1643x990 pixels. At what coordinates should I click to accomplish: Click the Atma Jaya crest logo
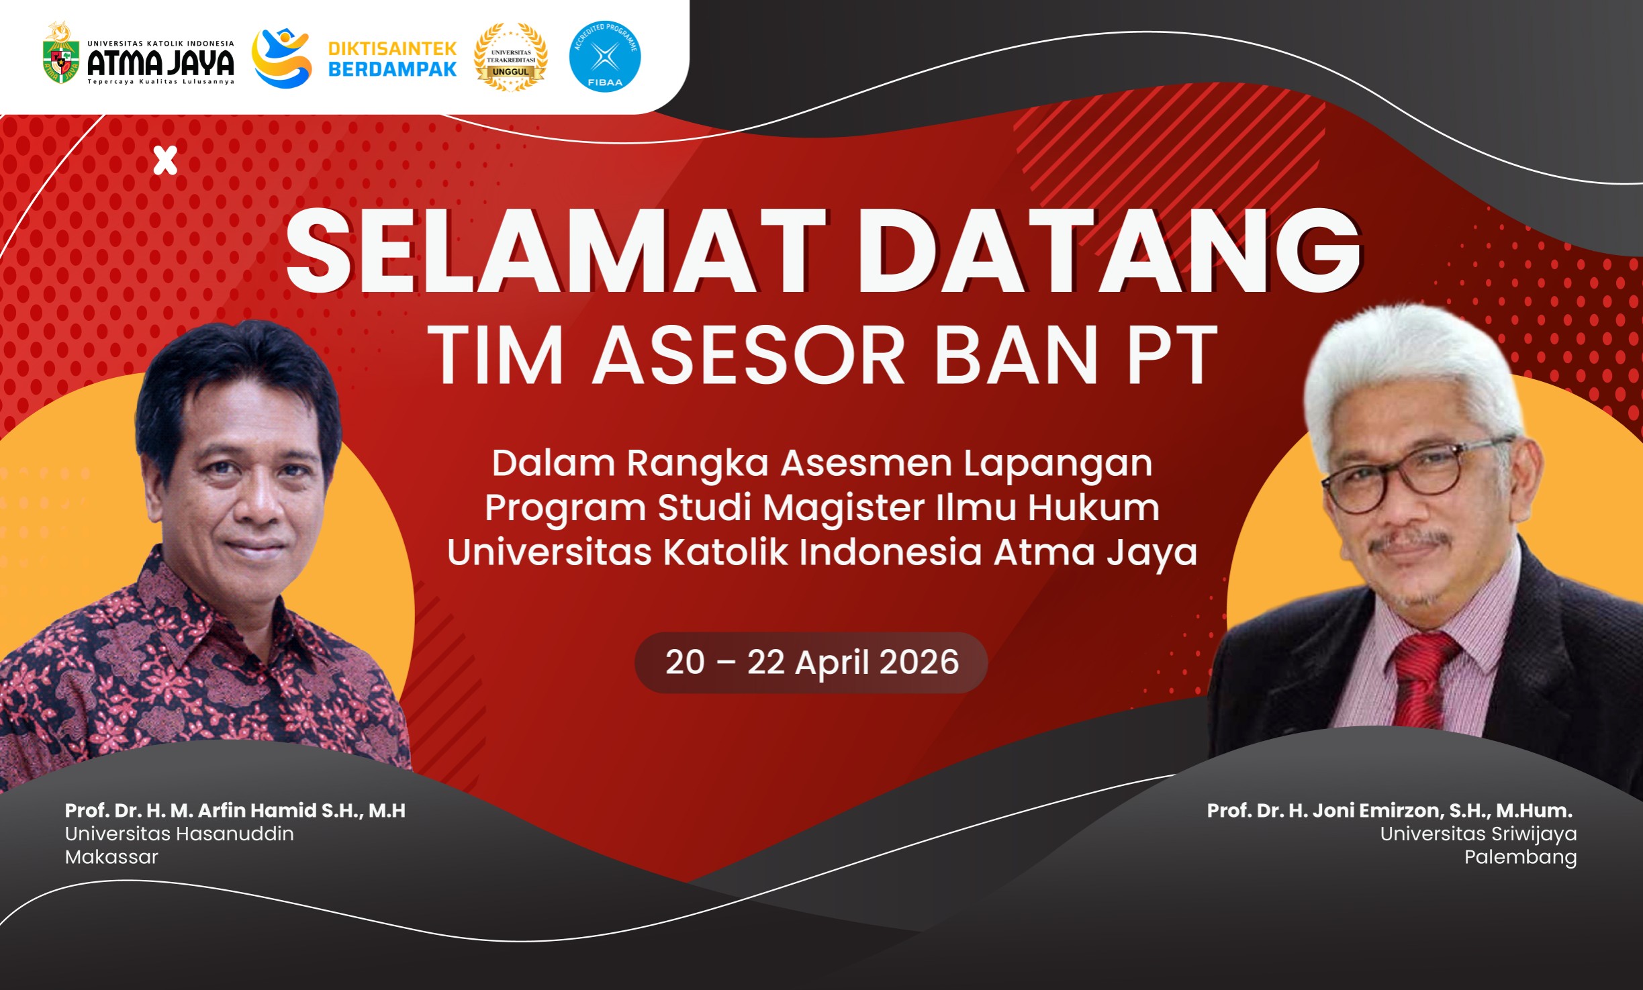(60, 54)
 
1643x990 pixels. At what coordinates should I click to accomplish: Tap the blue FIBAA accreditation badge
(604, 56)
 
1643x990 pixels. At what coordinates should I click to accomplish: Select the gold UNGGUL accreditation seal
(510, 57)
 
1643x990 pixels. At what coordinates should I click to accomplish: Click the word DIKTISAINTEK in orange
(392, 48)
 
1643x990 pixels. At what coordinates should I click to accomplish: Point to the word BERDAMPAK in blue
(392, 69)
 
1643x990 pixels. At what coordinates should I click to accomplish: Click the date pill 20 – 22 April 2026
(811, 662)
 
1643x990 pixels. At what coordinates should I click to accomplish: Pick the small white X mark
(165, 160)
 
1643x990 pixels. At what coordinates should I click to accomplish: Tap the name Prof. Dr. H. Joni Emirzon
(1325, 811)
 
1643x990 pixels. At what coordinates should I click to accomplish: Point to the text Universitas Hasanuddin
(179, 834)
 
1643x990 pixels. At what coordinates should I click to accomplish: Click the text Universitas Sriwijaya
(1478, 834)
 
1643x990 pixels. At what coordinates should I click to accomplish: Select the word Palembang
(1520, 857)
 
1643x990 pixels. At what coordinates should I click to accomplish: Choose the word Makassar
(111, 857)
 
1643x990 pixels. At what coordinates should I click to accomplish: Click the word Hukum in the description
(1093, 507)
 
